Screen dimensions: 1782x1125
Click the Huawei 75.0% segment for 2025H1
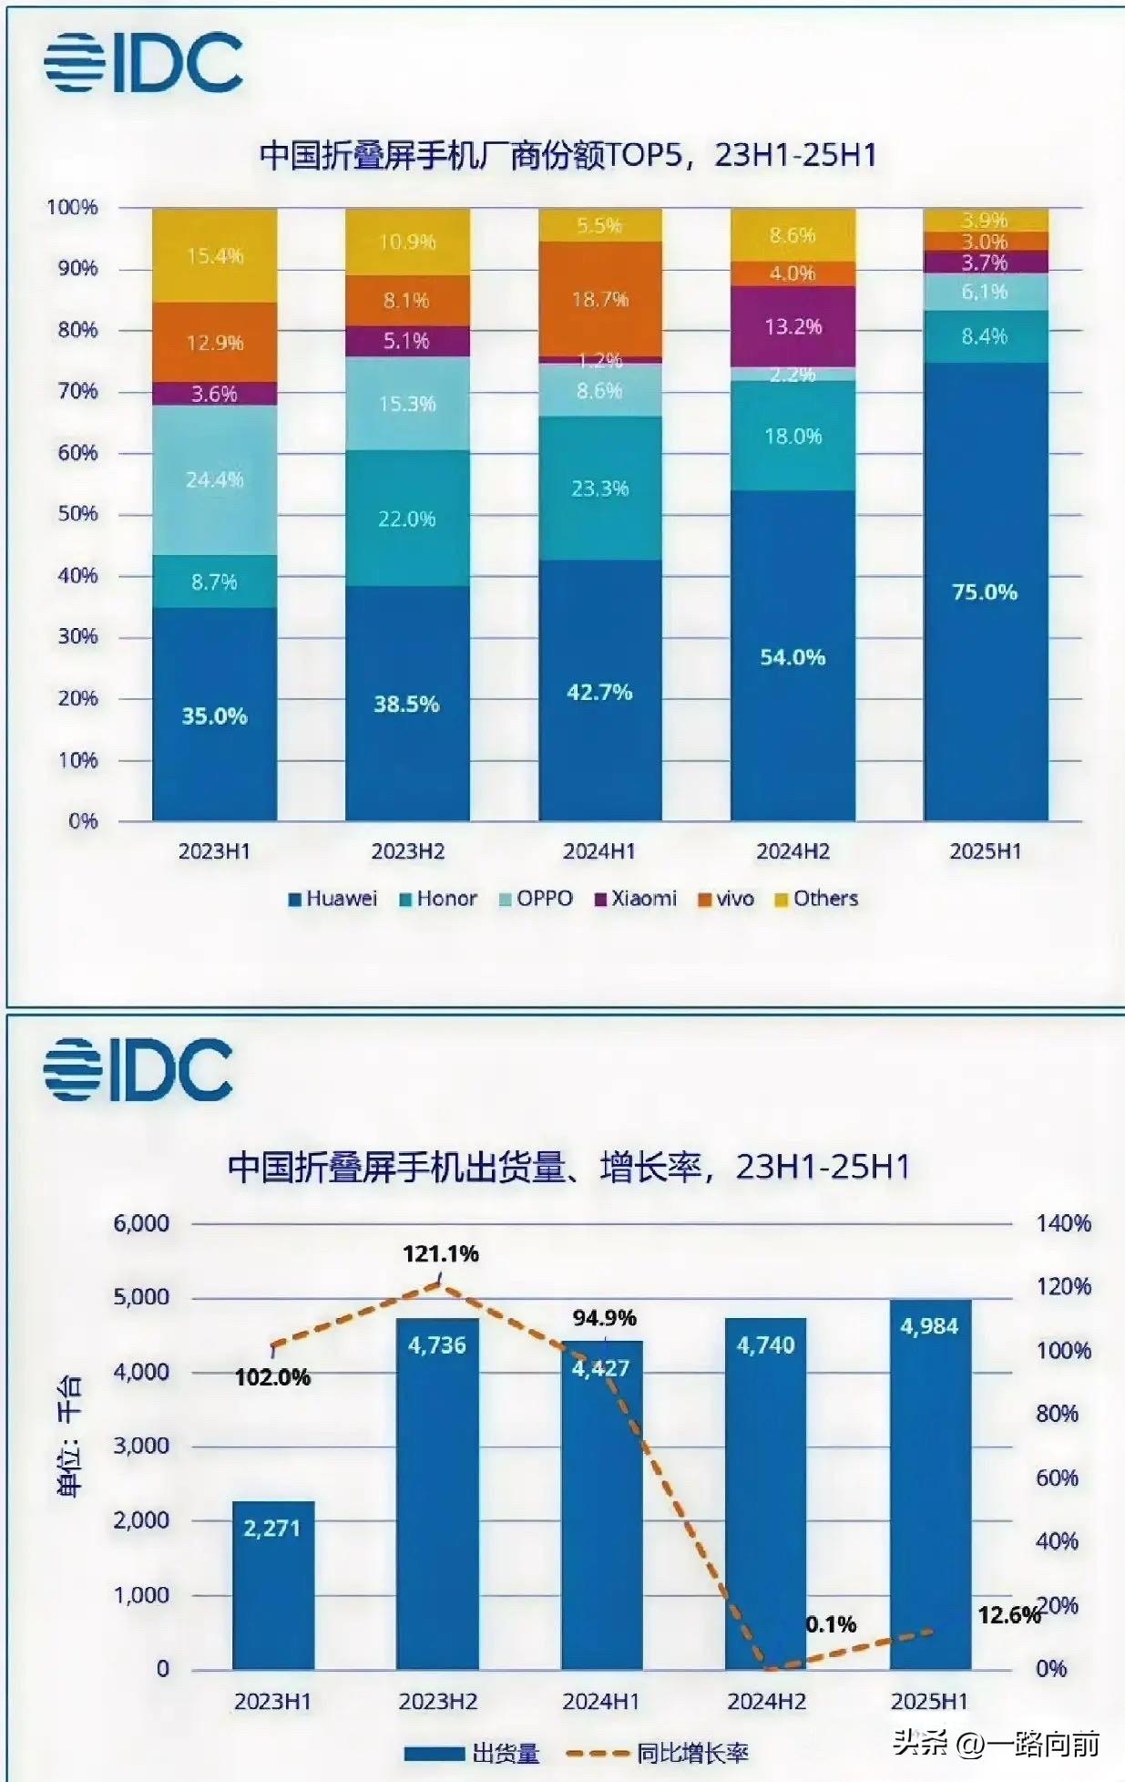985,592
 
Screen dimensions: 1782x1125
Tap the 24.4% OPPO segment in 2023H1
214,479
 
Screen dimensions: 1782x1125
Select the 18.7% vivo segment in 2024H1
599,299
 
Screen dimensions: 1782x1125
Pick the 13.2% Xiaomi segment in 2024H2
793,326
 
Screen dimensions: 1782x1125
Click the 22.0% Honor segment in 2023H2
406,518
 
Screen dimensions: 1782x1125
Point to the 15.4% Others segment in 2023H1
214,255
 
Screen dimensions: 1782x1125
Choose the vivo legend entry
727,899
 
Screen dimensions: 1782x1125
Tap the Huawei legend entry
332,899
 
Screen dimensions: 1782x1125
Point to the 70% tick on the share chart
77,391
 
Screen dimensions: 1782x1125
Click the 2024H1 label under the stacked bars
598,851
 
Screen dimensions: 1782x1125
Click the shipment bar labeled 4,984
930,1486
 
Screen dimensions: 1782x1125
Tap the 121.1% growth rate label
441,1254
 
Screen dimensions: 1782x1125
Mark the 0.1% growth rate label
831,1624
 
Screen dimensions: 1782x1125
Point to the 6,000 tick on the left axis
141,1223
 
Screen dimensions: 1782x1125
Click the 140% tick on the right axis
1063,1223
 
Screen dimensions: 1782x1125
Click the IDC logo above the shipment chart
138,1068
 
